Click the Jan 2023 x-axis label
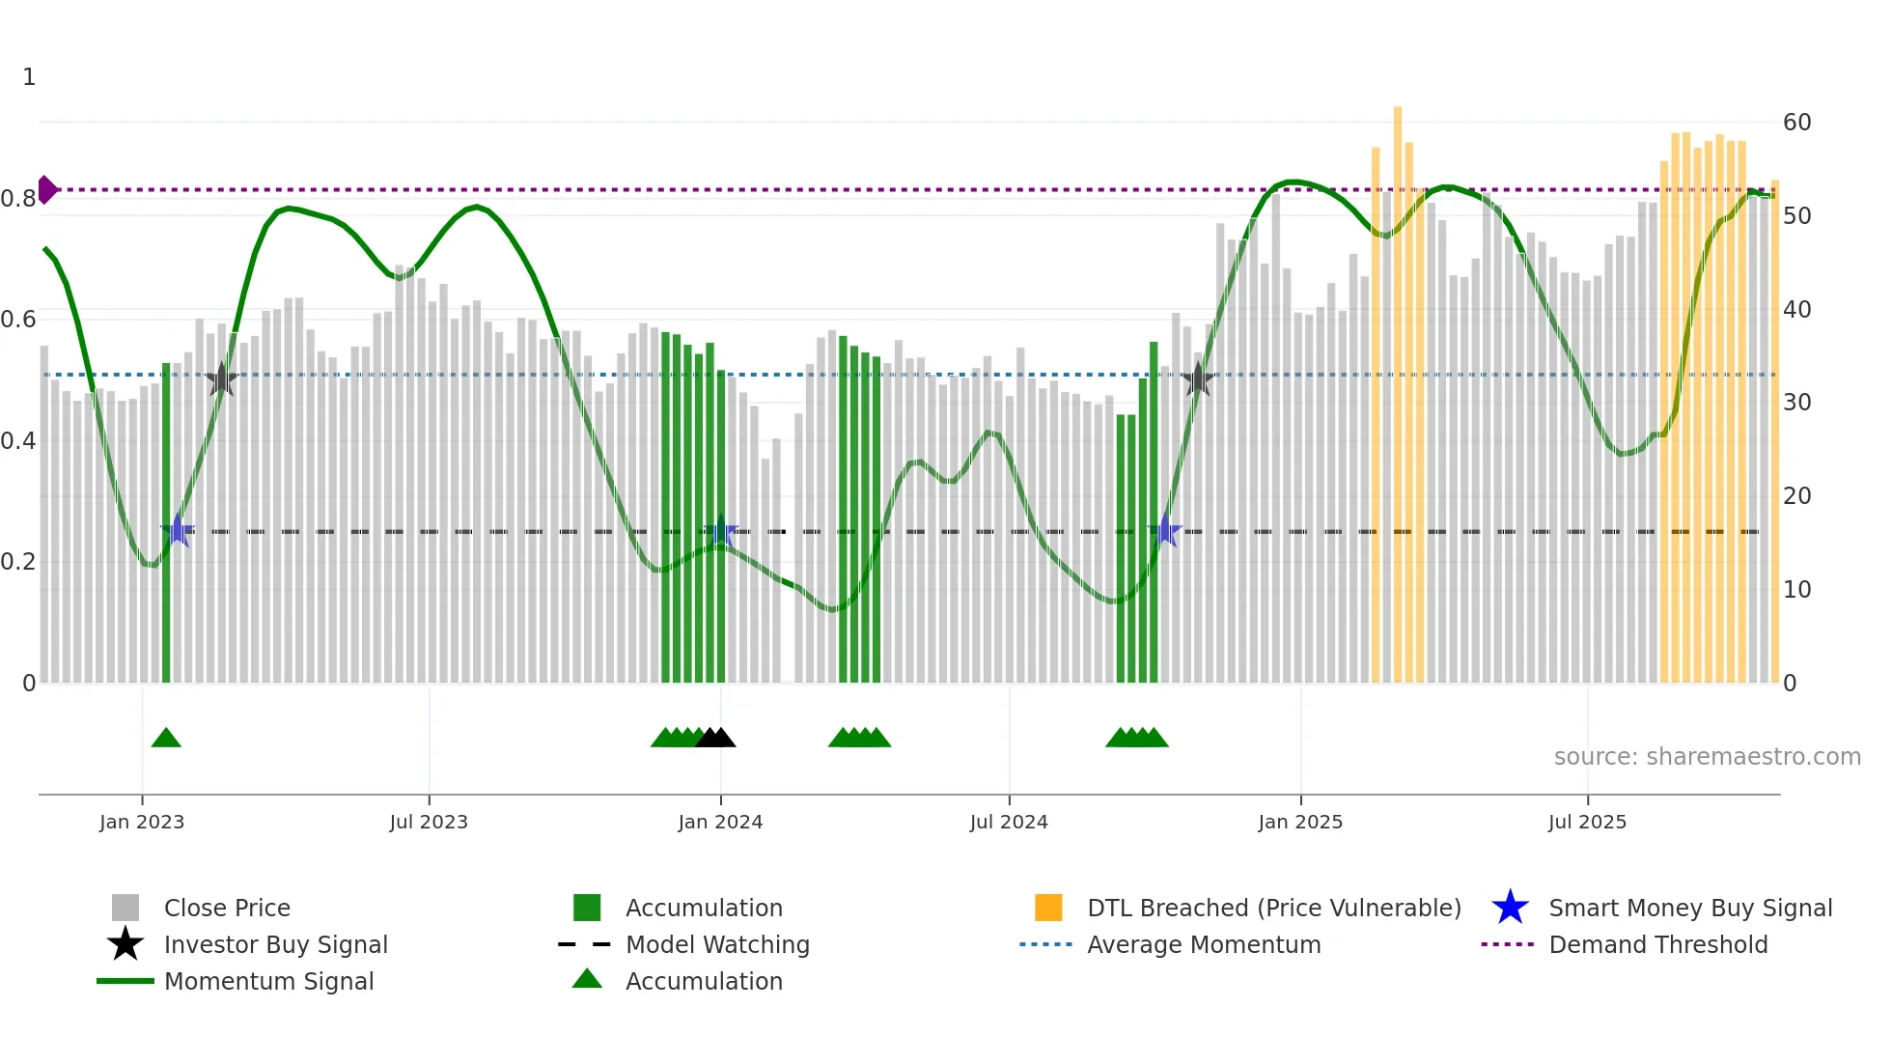tap(142, 822)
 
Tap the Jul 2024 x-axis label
tap(1009, 822)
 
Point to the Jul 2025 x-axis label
tap(1587, 822)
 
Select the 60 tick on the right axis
tap(1796, 123)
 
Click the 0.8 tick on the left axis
tap(19, 199)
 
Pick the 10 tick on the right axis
tap(1796, 590)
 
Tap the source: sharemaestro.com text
tap(1707, 757)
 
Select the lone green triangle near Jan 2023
tap(166, 739)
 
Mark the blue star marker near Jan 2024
tap(720, 531)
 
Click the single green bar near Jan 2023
tap(166, 521)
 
